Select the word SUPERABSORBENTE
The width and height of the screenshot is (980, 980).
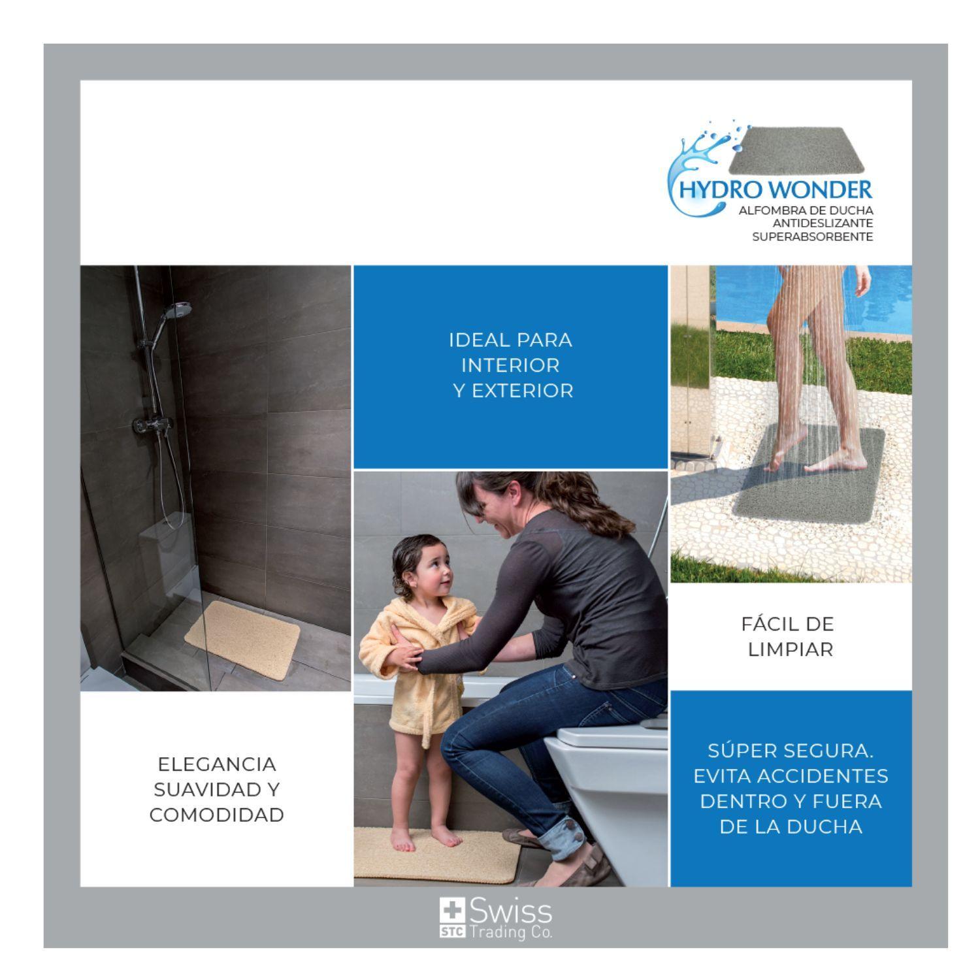[813, 237]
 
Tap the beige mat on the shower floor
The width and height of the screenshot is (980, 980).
[242, 631]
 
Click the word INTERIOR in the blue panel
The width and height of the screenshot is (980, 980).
[510, 365]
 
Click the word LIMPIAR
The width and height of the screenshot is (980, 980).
[791, 650]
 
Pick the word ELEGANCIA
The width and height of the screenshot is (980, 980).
[217, 764]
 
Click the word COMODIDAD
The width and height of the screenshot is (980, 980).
[217, 815]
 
